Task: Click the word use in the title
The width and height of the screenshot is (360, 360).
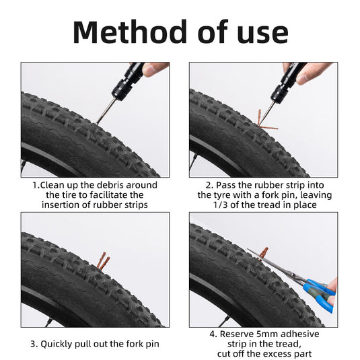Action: tap(260, 32)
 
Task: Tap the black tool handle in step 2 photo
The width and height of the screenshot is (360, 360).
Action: tap(292, 77)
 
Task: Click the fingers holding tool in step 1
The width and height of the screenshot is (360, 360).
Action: tap(155, 68)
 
